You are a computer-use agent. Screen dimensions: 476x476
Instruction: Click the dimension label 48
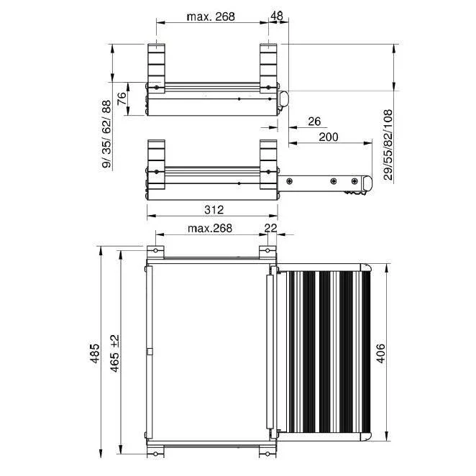[276, 16]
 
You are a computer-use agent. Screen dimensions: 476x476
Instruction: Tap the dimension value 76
[122, 99]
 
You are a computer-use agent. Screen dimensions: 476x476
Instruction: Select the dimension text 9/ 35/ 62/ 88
[106, 134]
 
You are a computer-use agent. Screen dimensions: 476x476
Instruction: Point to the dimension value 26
[314, 122]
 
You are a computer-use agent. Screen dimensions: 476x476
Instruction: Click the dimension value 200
[329, 137]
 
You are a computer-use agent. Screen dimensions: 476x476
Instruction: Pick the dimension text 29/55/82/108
[388, 145]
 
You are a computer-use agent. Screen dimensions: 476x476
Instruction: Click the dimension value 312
[214, 210]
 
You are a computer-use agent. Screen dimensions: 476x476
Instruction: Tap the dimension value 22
[270, 228]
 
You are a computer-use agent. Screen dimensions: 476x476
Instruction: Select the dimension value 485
[95, 353]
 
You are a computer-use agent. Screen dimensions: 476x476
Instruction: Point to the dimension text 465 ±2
[115, 353]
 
